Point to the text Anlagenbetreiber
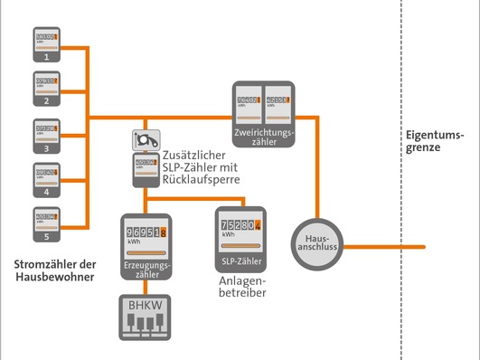click(240, 287)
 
